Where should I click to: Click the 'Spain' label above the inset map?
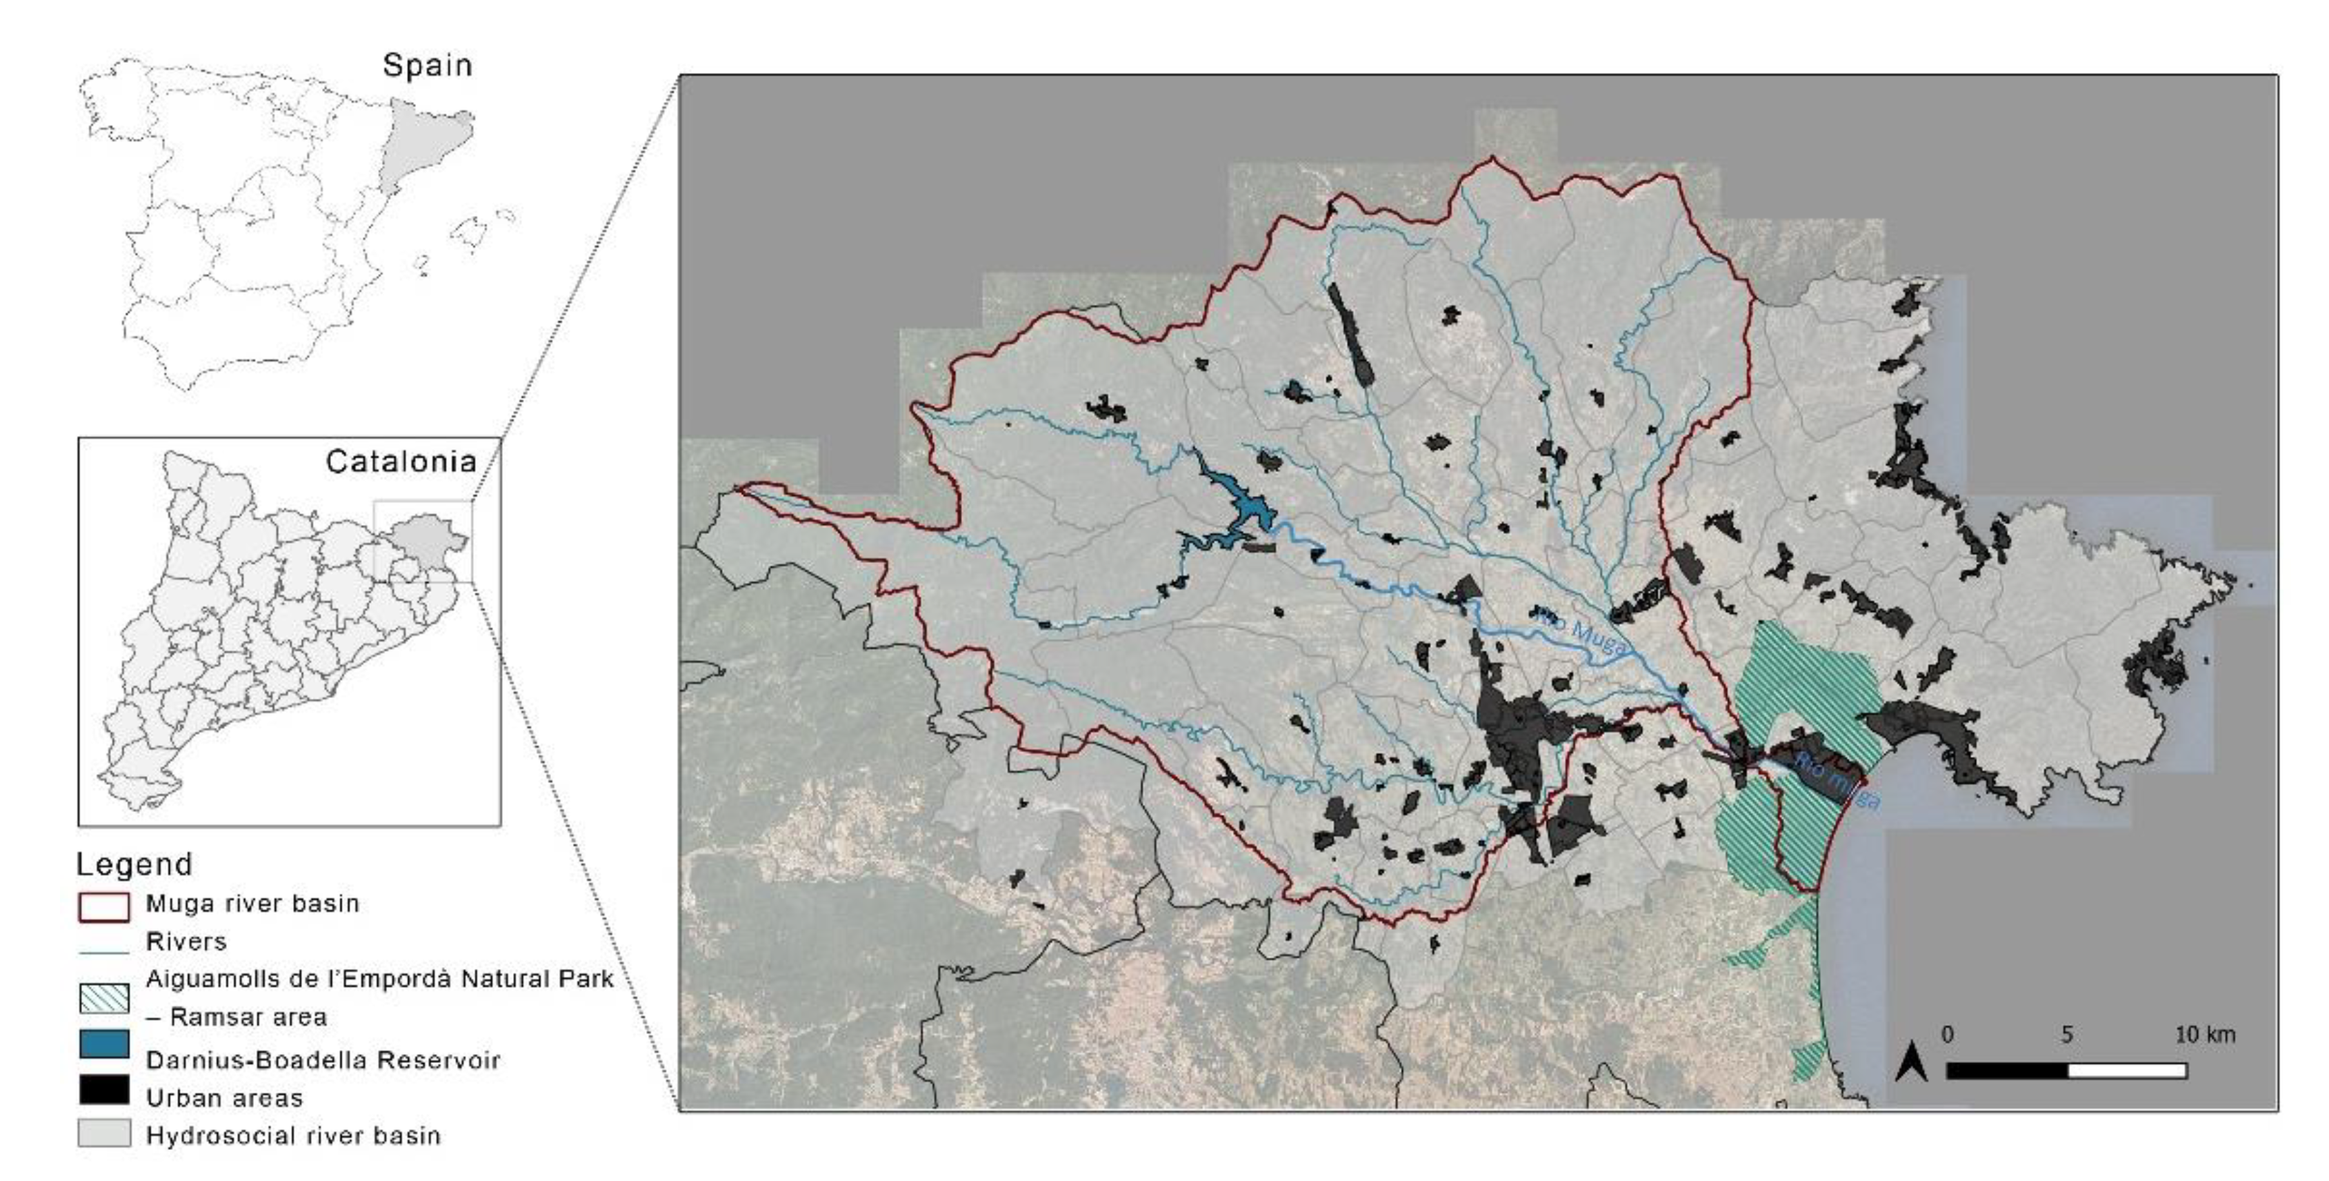pos(427,65)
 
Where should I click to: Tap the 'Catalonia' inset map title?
pos(401,462)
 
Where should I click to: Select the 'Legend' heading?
pos(134,864)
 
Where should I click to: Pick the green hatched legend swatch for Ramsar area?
pos(104,998)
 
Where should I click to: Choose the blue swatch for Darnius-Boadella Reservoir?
pos(104,1044)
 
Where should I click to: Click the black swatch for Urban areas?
pos(104,1090)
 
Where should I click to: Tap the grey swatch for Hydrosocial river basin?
pos(104,1134)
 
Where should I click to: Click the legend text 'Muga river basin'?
pos(252,904)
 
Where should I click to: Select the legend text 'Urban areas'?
pos(224,1098)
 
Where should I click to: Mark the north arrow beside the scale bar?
pos(1910,1061)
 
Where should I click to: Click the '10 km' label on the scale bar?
pos(2204,1035)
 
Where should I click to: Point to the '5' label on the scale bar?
pos(2067,1035)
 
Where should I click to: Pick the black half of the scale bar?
pos(2006,1071)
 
